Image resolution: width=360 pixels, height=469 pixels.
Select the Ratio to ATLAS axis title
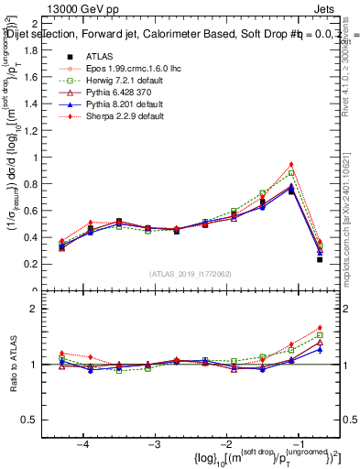tap(16, 365)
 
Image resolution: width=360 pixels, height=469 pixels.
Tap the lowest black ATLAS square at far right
tap(320, 259)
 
